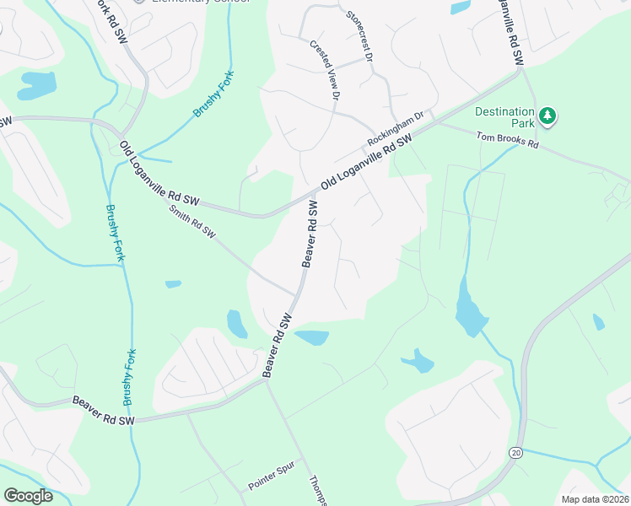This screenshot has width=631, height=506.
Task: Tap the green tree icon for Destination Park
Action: coord(547,116)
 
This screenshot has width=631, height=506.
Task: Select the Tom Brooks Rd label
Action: coord(507,139)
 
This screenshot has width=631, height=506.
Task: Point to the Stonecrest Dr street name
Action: coord(359,28)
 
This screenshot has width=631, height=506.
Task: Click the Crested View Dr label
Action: coord(324,72)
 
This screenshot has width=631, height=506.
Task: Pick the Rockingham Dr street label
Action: coord(394,129)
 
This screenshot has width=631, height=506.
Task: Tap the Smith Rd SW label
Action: coord(192,222)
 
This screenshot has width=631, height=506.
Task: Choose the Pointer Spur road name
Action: coord(269,481)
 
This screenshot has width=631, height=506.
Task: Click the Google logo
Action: coord(28,495)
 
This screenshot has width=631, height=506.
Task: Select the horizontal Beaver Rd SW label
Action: coord(104,412)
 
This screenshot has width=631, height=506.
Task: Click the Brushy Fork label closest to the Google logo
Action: coord(128,378)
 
